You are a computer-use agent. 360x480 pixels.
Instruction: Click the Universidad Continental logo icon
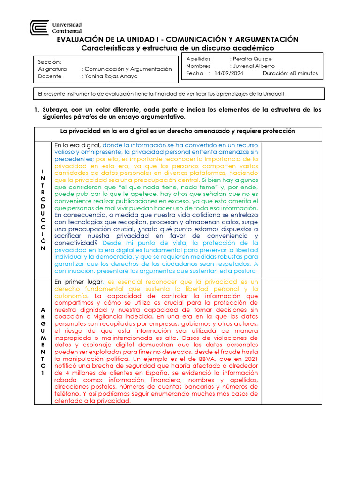coord(39,28)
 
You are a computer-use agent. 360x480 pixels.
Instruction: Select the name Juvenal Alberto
coord(254,66)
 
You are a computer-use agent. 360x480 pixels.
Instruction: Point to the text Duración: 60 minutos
coord(290,73)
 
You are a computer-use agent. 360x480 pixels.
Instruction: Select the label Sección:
coord(50,62)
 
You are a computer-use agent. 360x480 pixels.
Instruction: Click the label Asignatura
coord(52,69)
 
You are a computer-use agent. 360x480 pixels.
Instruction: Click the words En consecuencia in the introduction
coord(78,215)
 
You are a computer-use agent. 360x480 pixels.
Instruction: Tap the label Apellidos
coord(199,59)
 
